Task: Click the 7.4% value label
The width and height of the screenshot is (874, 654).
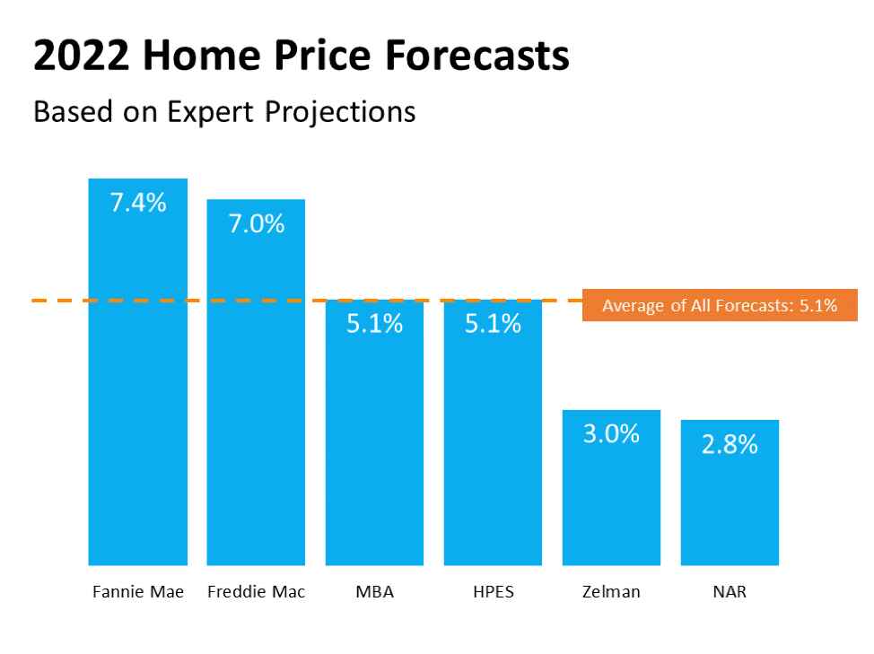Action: click(x=137, y=203)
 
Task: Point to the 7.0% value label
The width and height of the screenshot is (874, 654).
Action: click(x=256, y=224)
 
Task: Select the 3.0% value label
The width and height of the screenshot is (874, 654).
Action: click(x=611, y=435)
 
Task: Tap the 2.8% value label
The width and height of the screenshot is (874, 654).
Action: click(x=730, y=445)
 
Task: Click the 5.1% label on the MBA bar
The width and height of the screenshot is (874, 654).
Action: click(x=374, y=325)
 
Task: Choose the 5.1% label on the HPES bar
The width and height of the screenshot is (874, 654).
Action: click(x=493, y=325)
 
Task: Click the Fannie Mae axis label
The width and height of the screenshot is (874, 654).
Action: click(x=138, y=593)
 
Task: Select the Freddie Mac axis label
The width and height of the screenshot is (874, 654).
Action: click(x=256, y=593)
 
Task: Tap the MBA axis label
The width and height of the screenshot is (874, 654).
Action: click(x=374, y=593)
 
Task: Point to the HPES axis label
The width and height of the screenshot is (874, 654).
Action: click(x=493, y=593)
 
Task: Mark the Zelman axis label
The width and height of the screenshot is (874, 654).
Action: click(x=611, y=593)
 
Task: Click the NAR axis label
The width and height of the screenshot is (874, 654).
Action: click(x=730, y=593)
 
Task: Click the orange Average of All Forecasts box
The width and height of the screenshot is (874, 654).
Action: click(x=720, y=306)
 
